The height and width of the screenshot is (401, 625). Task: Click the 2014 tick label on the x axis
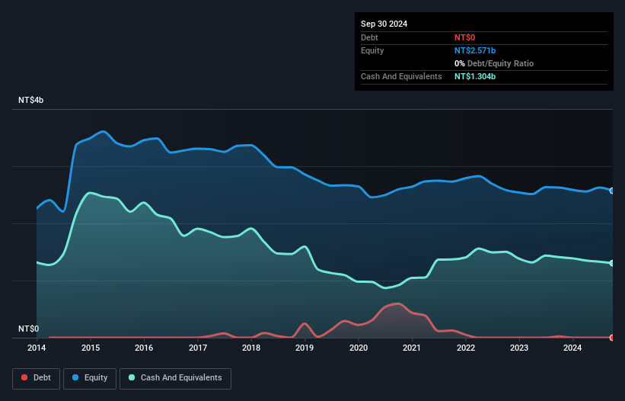tap(37, 348)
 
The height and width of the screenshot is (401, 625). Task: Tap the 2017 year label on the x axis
tap(198, 348)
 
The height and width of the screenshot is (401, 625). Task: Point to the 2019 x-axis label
tap(305, 348)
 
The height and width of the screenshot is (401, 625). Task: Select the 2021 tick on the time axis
tap(412, 348)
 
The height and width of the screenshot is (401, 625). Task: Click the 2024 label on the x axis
tap(572, 348)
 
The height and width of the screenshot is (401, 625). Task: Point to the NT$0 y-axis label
tap(28, 329)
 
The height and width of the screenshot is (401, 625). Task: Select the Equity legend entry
tap(90, 377)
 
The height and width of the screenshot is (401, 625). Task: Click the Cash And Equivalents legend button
tap(175, 377)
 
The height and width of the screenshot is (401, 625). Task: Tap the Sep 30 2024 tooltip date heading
tap(384, 24)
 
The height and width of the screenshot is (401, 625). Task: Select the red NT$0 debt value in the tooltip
tap(466, 37)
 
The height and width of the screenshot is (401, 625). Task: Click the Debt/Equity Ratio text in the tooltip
tap(497, 63)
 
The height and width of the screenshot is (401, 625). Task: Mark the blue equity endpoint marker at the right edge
tap(612, 191)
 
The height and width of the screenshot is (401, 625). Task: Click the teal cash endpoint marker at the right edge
tap(612, 263)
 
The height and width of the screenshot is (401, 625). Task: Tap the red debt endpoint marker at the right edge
tap(612, 337)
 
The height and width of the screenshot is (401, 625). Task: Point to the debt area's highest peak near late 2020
tap(396, 303)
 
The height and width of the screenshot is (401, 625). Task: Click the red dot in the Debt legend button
tap(24, 377)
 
